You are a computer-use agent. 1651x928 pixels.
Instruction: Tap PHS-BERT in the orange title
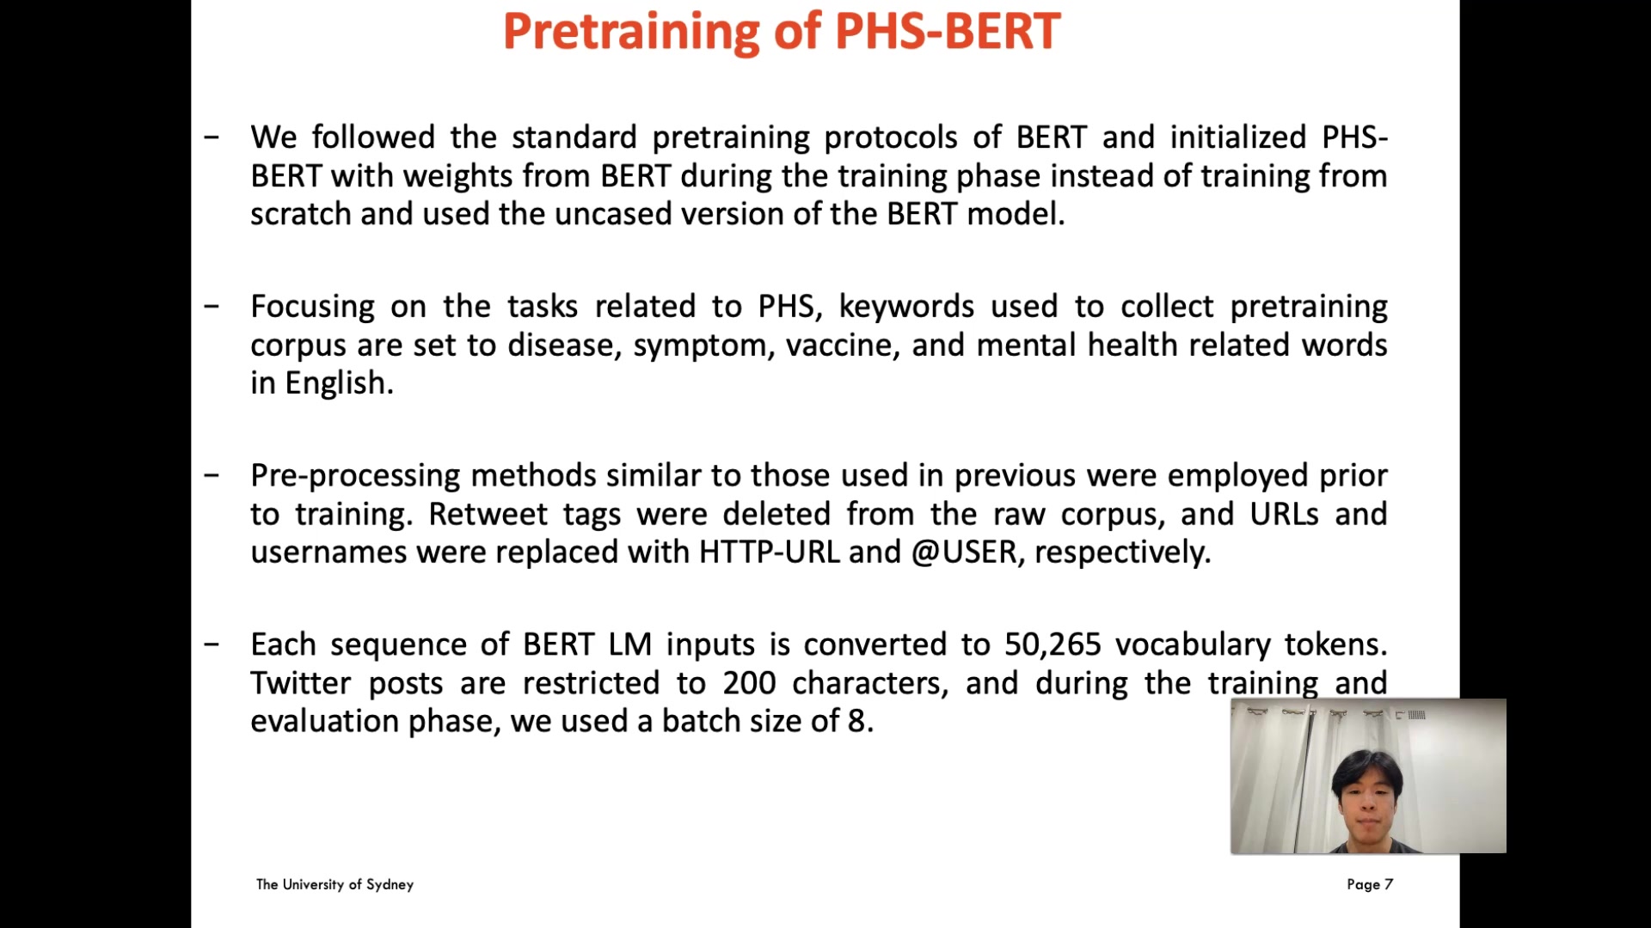[x=948, y=31]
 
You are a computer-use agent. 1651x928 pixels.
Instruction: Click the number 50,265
[x=1053, y=644]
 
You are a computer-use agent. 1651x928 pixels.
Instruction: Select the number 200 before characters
[x=749, y=683]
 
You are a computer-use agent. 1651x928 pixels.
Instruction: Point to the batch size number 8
[x=856, y=721]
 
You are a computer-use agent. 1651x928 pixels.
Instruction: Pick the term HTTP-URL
[x=769, y=552]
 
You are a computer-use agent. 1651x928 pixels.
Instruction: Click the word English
[x=339, y=383]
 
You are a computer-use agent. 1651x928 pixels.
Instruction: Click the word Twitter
[x=300, y=683]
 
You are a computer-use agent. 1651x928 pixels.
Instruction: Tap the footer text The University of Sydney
[x=334, y=884]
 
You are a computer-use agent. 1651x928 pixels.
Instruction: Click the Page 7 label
[x=1370, y=884]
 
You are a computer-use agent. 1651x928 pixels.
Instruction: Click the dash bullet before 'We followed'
[x=212, y=137]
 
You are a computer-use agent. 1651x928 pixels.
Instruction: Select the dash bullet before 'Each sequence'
[x=212, y=644]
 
